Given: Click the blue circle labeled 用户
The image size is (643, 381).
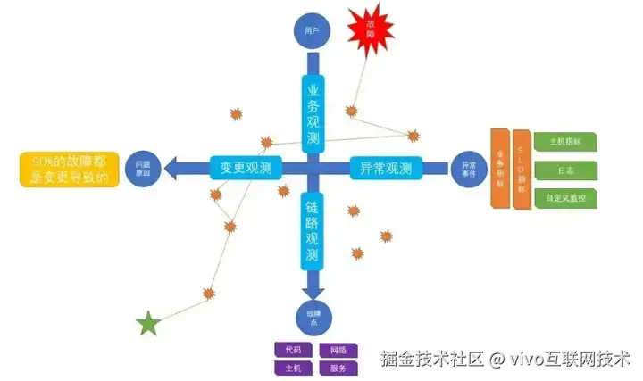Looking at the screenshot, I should point(312,30).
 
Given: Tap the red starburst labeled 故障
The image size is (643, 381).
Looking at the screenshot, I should point(370,29).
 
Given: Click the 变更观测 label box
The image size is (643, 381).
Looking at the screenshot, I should point(246,167).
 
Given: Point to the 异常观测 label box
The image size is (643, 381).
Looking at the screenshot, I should point(385,167).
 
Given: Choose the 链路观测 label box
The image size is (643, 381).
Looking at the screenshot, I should point(312,229).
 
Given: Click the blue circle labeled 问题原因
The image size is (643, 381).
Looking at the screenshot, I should point(143,166).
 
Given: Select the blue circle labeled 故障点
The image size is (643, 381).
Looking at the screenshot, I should point(312,317).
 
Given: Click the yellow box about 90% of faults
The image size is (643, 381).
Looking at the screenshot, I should point(70,169).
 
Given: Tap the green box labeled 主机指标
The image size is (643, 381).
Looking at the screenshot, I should point(564,140).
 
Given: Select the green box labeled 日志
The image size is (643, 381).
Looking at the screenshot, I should point(564,170).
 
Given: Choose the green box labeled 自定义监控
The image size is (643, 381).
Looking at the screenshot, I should point(564,199).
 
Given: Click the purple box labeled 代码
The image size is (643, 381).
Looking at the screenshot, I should point(293,349).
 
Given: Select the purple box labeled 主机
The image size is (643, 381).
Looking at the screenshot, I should point(293,368).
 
